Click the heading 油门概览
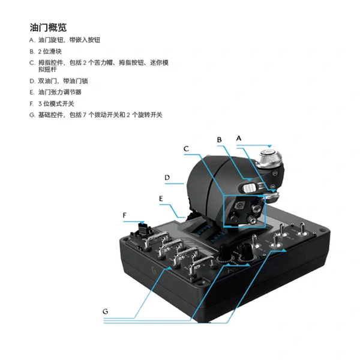click(x=48, y=28)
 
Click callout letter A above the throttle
click(x=239, y=137)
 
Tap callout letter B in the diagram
click(x=219, y=139)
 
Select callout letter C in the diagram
click(x=187, y=148)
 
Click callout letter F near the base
click(x=124, y=214)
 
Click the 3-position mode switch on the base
click(x=143, y=228)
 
